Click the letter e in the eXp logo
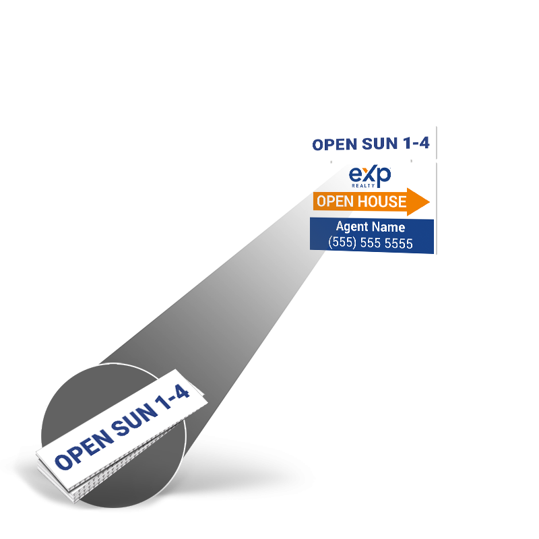pos(356,177)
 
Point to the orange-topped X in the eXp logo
pos(369,176)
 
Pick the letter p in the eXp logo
pos(383,178)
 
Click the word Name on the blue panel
pos(390,227)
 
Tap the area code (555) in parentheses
pos(342,243)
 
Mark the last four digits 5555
pos(398,243)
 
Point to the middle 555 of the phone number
pos(369,243)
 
